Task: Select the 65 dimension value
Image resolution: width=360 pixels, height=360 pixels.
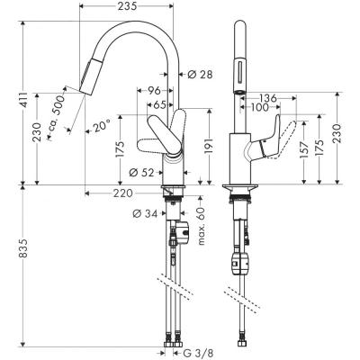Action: coord(159,105)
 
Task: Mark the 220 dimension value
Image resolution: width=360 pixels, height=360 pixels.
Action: coord(123,193)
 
